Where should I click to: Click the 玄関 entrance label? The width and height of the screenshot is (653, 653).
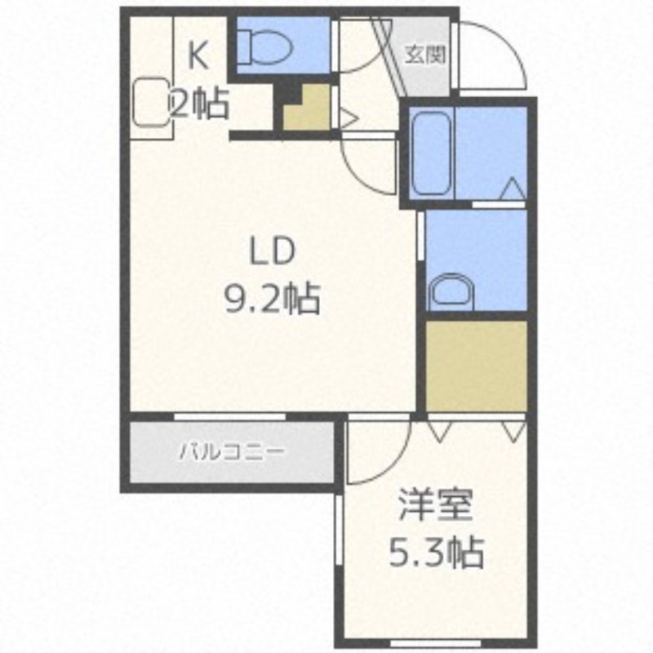coord(425,55)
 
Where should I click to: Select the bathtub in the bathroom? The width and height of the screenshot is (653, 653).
coord(431,153)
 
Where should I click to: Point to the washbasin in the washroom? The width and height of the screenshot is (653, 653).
coord(452,292)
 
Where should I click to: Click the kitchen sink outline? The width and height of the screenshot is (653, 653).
coord(152,103)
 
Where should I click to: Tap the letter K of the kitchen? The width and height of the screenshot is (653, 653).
coord(198,57)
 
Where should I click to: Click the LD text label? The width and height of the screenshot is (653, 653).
coord(272,251)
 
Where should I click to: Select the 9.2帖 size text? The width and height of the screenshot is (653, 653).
coord(273,299)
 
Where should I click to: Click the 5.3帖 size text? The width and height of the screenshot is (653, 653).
coord(436,553)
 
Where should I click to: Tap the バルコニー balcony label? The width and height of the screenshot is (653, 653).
coord(232,452)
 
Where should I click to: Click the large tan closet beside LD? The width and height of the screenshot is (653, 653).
coord(477,366)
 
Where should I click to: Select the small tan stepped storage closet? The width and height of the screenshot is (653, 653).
coord(308,107)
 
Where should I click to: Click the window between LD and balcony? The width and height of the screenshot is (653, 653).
coord(230,416)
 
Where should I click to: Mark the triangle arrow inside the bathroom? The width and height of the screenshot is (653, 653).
coord(513,189)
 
